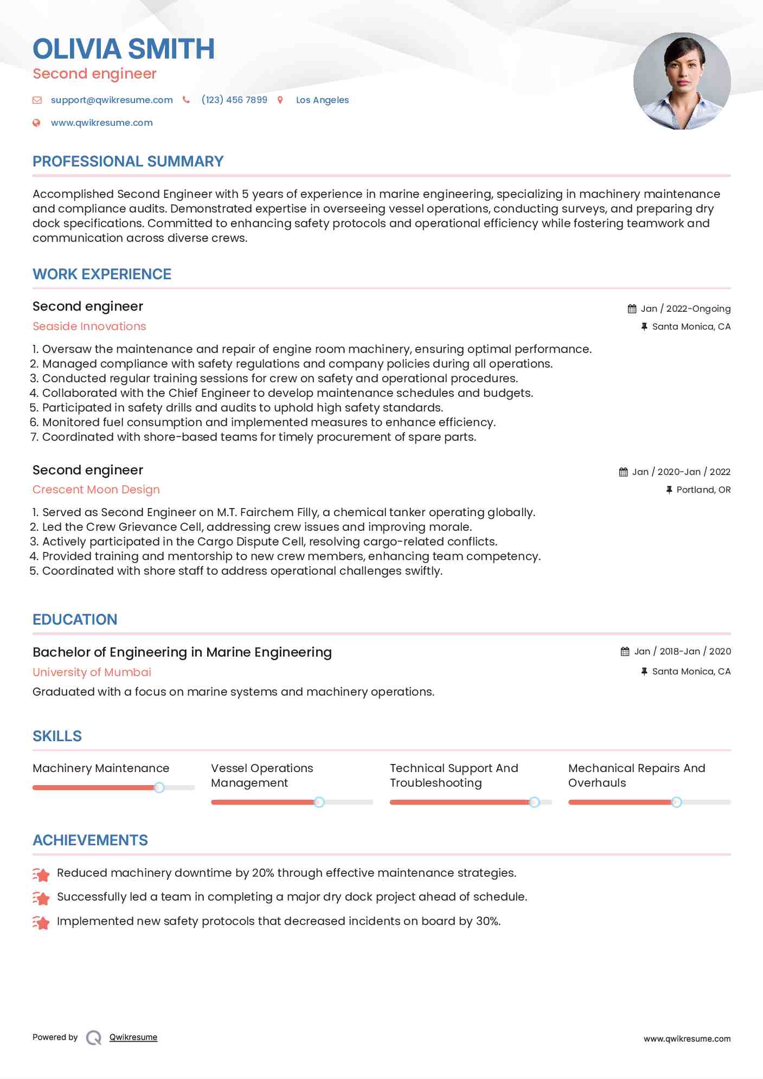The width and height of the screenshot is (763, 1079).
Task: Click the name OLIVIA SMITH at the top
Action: click(x=124, y=49)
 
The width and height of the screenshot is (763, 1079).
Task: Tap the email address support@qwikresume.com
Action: click(x=112, y=100)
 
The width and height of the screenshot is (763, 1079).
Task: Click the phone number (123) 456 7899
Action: click(x=234, y=100)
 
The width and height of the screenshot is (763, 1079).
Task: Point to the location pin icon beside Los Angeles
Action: click(x=280, y=100)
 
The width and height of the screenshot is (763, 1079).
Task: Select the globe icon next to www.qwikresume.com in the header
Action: click(x=36, y=123)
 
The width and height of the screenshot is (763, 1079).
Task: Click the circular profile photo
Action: click(x=682, y=81)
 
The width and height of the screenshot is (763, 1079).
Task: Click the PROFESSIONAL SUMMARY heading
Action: click(x=128, y=162)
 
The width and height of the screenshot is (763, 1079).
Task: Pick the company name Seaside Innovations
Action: click(x=89, y=326)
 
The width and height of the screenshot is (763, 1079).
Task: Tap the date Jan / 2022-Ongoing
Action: click(x=685, y=309)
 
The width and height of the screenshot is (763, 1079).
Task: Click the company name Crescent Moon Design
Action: click(x=96, y=490)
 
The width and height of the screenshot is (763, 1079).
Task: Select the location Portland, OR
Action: click(x=703, y=490)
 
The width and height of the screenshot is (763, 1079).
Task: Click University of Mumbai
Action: click(x=92, y=672)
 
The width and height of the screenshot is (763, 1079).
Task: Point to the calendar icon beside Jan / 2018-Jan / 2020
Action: click(x=625, y=652)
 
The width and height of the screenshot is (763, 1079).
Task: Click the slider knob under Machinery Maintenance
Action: click(x=159, y=788)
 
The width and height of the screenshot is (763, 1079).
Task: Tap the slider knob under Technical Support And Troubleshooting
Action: click(x=534, y=802)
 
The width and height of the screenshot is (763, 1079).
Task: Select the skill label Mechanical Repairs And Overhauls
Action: click(x=636, y=775)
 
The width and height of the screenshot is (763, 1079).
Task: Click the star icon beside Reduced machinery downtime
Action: click(x=41, y=874)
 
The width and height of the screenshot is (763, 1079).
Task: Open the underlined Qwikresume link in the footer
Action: click(x=133, y=1037)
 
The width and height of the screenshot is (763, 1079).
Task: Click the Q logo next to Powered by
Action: click(x=94, y=1038)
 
